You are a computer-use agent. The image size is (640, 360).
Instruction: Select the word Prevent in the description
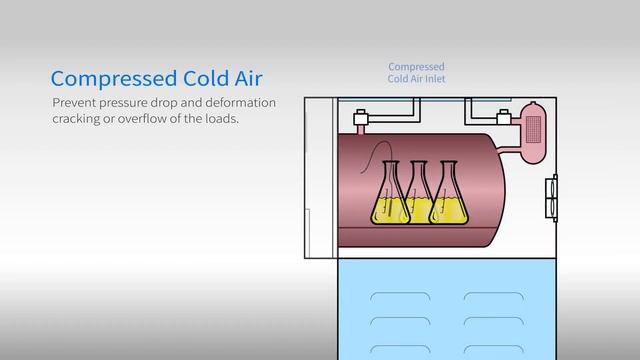tap(75, 104)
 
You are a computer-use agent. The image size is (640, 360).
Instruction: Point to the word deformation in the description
tap(237, 104)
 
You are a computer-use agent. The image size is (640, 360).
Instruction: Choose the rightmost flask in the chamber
tap(449, 196)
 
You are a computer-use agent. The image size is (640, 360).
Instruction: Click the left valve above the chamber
tap(362, 123)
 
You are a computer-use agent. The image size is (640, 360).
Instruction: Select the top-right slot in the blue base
tap(493, 296)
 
